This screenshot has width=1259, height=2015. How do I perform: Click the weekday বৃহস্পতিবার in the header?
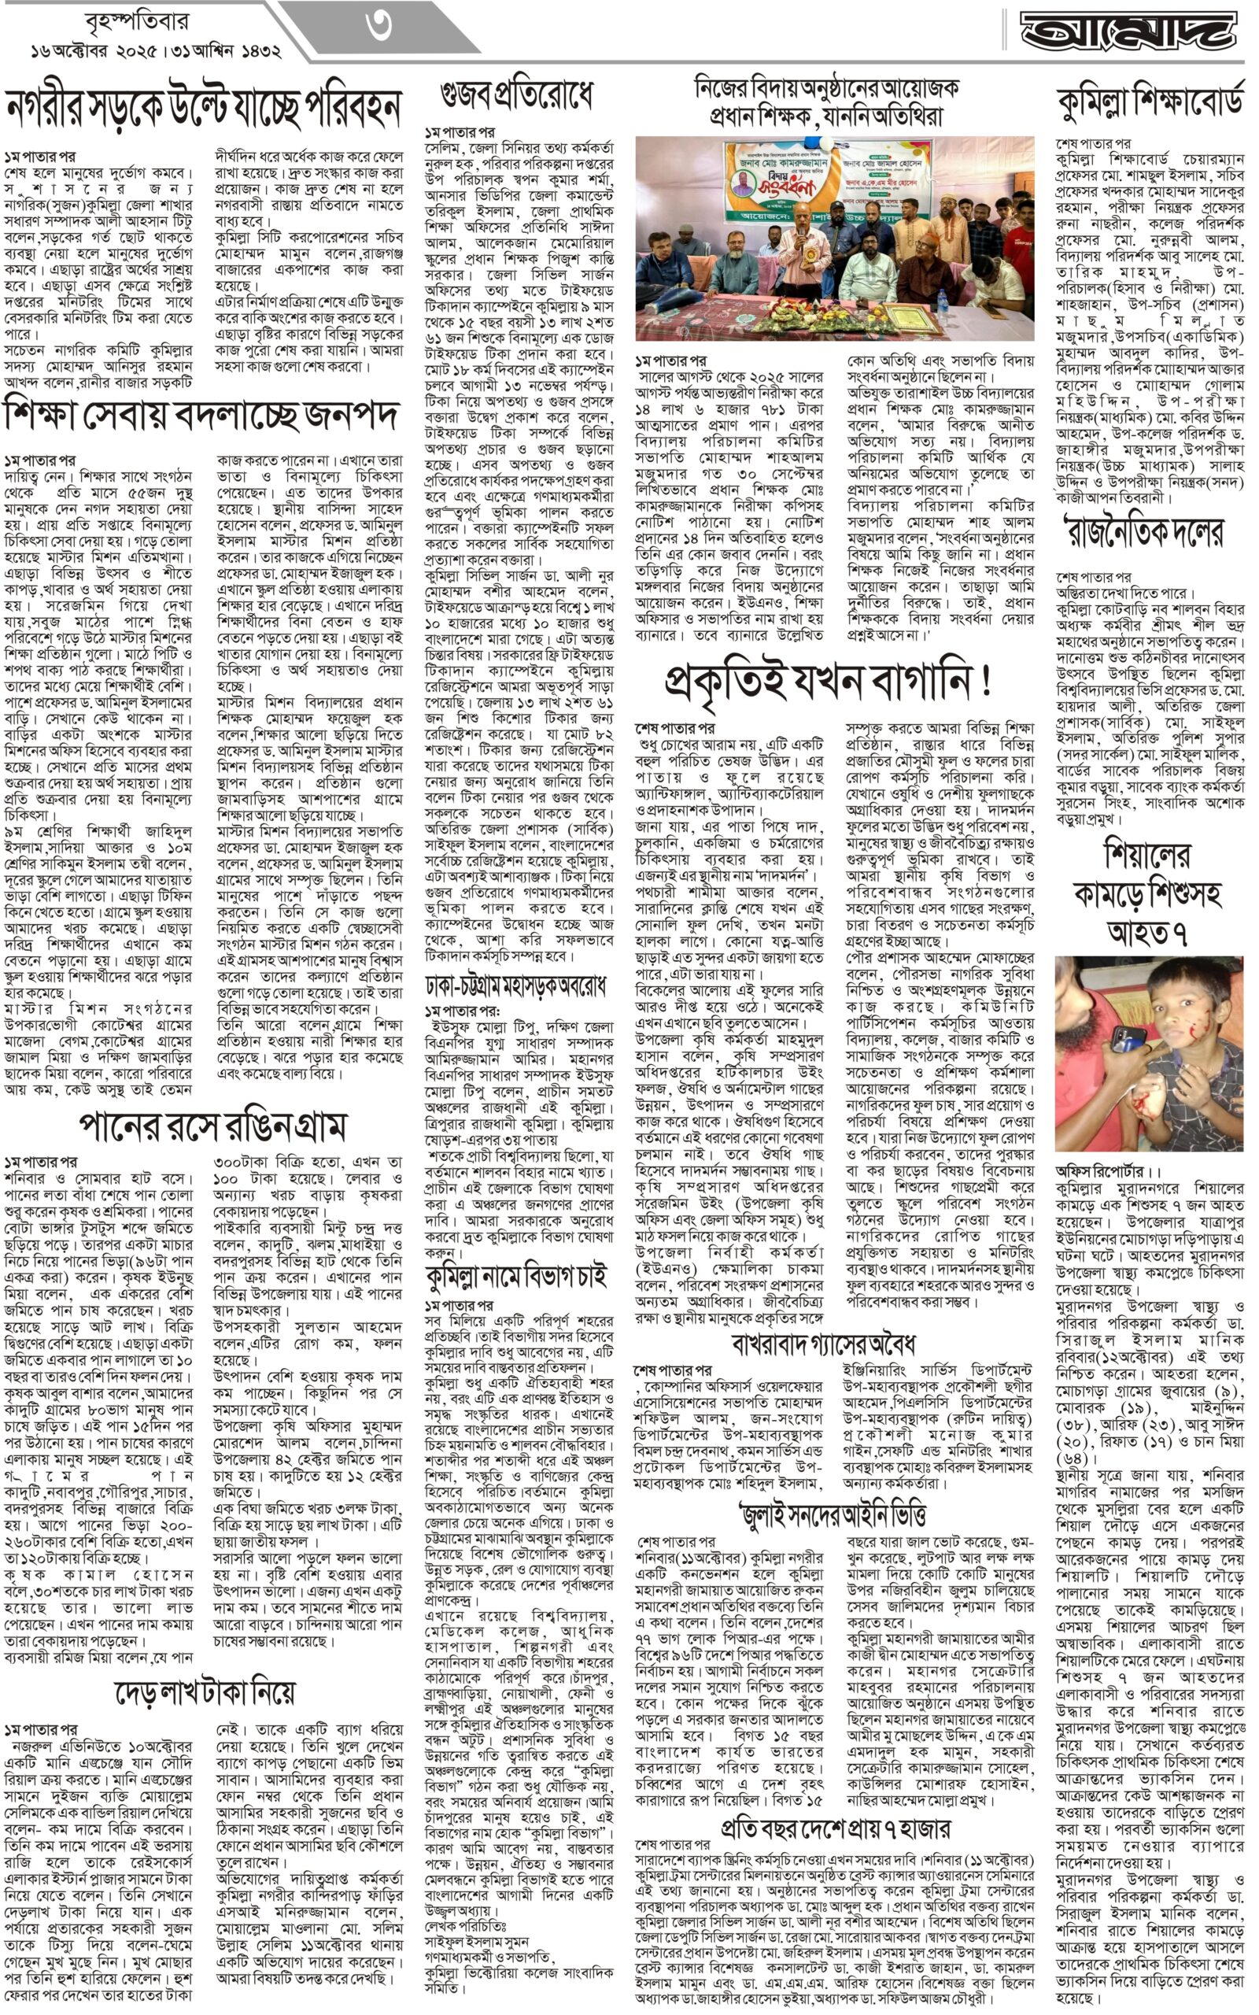pyautogui.click(x=137, y=20)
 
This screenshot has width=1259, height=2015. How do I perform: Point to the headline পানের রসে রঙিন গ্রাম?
pyautogui.click(x=212, y=1126)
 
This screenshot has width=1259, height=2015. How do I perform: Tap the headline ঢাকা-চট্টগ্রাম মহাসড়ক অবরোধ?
pyautogui.click(x=515, y=985)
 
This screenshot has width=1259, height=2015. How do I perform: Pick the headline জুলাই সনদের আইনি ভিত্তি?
pyautogui.click(x=833, y=1514)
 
